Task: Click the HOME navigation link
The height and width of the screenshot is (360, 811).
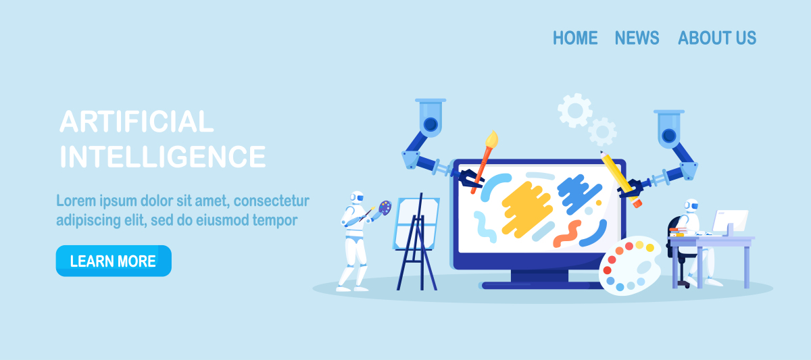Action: click(575, 38)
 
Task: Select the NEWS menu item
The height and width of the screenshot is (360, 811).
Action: click(637, 38)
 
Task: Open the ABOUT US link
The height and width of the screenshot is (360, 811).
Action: click(717, 38)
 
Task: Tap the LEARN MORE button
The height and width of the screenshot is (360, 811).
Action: click(114, 261)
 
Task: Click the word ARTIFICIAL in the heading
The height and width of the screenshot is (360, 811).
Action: click(137, 122)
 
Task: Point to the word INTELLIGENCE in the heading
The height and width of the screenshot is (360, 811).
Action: click(163, 156)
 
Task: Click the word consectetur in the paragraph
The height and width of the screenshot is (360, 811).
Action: click(271, 201)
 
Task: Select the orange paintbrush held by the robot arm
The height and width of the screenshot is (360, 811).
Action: click(485, 161)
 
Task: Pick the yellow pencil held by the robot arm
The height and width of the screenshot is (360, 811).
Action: click(620, 179)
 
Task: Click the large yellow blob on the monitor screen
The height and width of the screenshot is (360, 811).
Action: click(526, 209)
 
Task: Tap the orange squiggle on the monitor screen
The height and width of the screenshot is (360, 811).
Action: click(567, 234)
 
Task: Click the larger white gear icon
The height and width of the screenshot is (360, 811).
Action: click(575, 111)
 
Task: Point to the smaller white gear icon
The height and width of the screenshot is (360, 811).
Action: click(602, 132)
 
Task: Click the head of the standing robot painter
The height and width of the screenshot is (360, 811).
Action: click(357, 198)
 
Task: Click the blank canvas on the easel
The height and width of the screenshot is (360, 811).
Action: click(416, 224)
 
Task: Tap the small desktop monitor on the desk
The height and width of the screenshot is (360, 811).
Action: click(731, 221)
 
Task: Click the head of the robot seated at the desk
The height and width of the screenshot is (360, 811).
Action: click(691, 205)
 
